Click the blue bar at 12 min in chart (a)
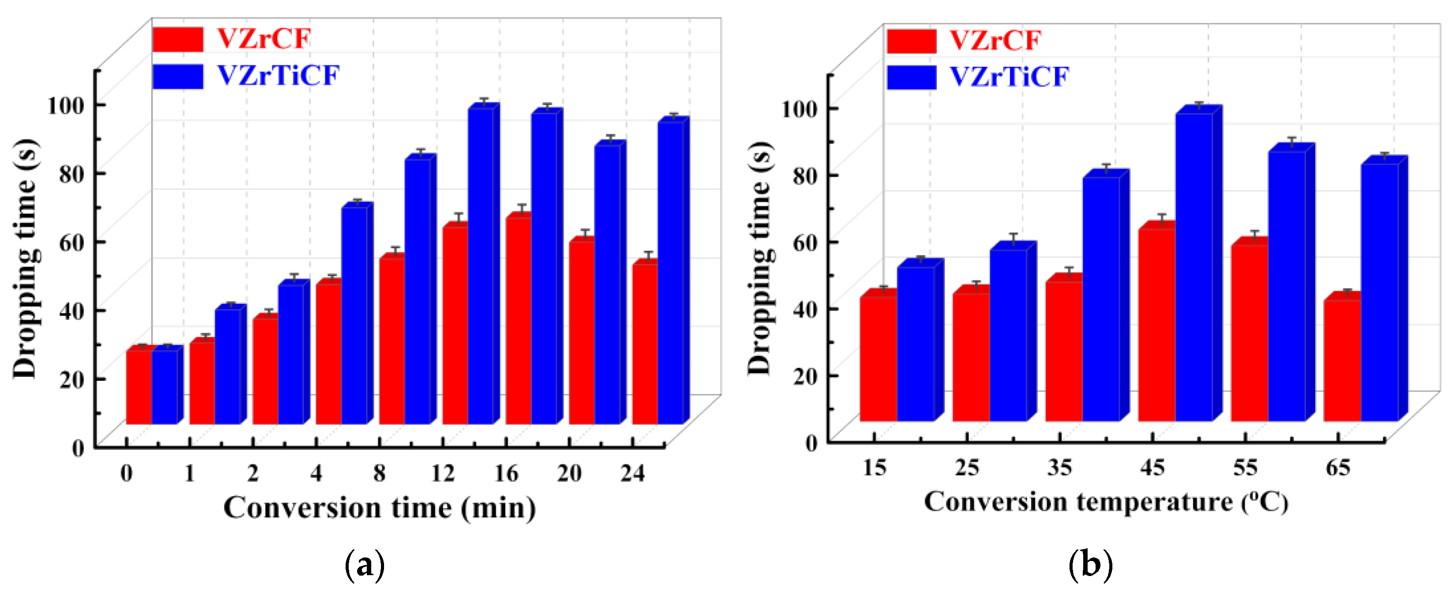pyautogui.click(x=480, y=265)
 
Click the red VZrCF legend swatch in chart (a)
pyautogui.click(x=177, y=39)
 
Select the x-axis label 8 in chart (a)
pyautogui.click(x=379, y=473)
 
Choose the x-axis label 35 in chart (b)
pyautogui.click(x=1059, y=467)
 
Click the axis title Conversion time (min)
pyautogui.click(x=379, y=508)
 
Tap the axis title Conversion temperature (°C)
pyautogui.click(x=1105, y=502)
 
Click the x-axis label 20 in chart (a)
pyautogui.click(x=569, y=473)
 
